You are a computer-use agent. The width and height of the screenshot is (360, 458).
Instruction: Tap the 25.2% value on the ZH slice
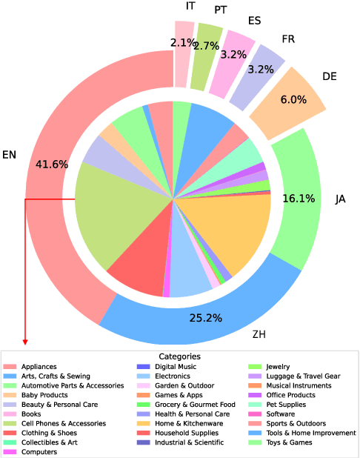click(x=205, y=318)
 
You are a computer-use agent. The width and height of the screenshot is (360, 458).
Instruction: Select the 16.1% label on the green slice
click(x=299, y=198)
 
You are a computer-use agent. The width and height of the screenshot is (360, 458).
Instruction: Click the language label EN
click(x=9, y=155)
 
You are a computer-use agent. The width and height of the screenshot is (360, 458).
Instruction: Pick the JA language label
click(x=340, y=199)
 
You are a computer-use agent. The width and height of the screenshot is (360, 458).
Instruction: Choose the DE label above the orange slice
click(x=330, y=76)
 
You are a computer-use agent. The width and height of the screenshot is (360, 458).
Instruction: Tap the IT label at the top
click(x=190, y=6)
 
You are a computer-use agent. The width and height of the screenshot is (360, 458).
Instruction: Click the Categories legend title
click(x=180, y=356)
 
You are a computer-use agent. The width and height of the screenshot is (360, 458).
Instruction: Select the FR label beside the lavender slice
click(x=290, y=39)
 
